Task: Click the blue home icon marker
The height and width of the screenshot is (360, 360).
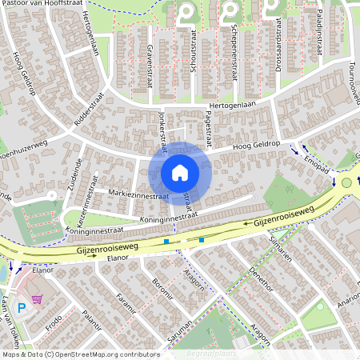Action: (180, 172)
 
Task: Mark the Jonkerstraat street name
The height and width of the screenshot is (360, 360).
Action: (162, 130)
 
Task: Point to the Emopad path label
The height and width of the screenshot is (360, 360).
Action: (316, 164)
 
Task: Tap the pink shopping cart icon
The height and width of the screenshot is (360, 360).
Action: (37, 299)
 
